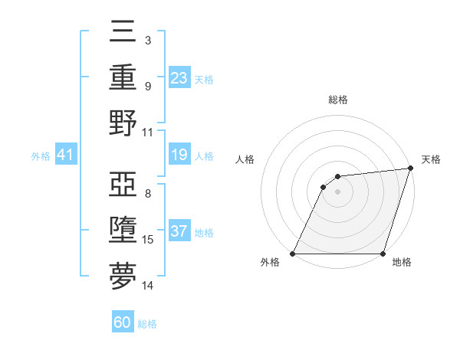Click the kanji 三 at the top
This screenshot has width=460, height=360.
pyautogui.click(x=123, y=33)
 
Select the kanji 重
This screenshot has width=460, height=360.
pyautogui.click(x=123, y=77)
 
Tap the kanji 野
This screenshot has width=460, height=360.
pyautogui.click(x=123, y=122)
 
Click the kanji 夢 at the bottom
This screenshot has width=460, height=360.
pyautogui.click(x=123, y=276)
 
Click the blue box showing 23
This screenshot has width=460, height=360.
pyautogui.click(x=179, y=78)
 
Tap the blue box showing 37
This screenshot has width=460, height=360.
pyautogui.click(x=179, y=232)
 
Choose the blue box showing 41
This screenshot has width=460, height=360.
pyautogui.click(x=65, y=155)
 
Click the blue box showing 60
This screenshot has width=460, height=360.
pyautogui.click(x=123, y=322)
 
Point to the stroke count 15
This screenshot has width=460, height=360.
pyautogui.click(x=148, y=240)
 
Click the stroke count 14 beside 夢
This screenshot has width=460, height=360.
pyautogui.click(x=148, y=286)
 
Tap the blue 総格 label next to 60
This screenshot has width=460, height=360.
pyautogui.click(x=147, y=323)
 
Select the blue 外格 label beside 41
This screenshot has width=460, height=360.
pyautogui.click(x=41, y=156)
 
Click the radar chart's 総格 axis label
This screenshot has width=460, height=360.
pyautogui.click(x=337, y=100)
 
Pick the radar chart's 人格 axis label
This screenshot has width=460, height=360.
pyautogui.click(x=245, y=159)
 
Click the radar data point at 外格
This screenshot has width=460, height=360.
pyautogui.click(x=293, y=254)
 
